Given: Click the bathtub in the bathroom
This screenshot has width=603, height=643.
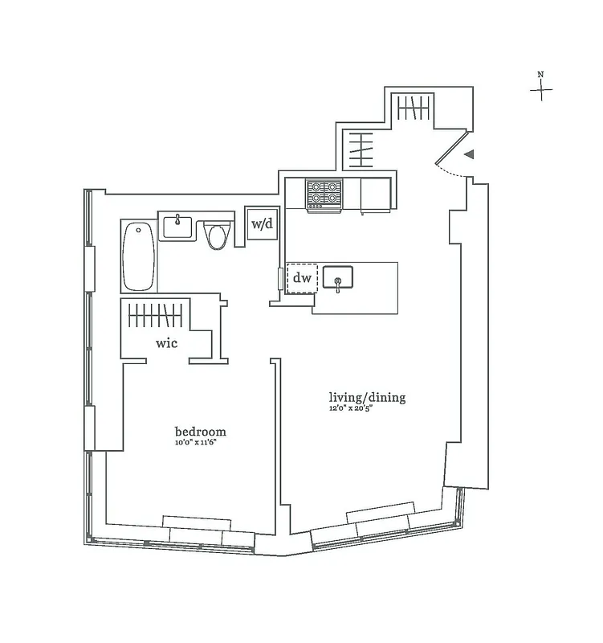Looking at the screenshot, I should click(x=140, y=256).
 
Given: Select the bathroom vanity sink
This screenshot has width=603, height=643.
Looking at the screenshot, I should click(x=177, y=227).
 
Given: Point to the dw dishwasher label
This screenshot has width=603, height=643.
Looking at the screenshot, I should click(x=302, y=279).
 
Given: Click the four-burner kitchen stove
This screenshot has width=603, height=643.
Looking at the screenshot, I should click(x=324, y=194).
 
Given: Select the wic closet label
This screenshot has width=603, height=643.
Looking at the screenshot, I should click(x=167, y=343).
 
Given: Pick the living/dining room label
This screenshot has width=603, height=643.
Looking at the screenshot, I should click(x=367, y=397).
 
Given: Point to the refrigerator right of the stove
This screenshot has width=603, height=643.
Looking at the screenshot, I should click(x=376, y=195).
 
